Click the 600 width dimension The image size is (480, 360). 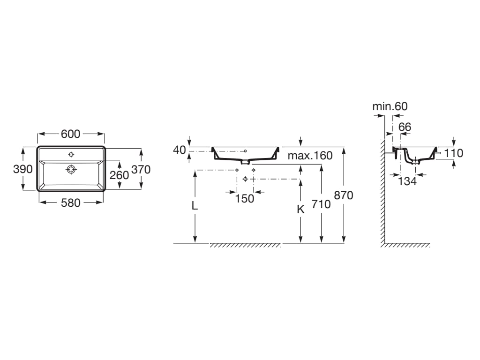71,134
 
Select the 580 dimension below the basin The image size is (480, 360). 71,202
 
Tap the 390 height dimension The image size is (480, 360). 22,169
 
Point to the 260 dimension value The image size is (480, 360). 119,175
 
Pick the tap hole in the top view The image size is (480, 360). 71,154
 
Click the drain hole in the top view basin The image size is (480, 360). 71,169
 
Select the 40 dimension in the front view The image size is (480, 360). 180,150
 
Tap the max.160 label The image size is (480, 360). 310,156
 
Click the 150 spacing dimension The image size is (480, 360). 244,198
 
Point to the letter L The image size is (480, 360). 195,206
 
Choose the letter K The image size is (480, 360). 300,210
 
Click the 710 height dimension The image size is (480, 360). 321,204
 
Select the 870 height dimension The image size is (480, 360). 344,195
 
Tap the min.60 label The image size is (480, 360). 390,106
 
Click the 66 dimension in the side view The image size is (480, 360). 405,127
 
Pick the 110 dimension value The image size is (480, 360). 454,153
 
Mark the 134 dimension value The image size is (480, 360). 407,181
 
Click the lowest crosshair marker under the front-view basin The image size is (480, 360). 245,179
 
